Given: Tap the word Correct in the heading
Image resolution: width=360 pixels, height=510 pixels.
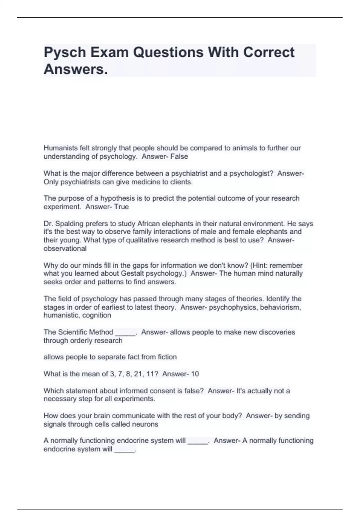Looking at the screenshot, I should (x=269, y=52).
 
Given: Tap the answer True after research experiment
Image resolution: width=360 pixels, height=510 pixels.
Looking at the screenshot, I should (x=121, y=207).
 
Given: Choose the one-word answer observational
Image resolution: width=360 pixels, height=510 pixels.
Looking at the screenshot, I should (x=65, y=249).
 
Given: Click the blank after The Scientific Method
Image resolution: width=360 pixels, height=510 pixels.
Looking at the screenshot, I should (x=125, y=332).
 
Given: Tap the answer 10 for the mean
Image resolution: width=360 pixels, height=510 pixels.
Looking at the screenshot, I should (x=195, y=374).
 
